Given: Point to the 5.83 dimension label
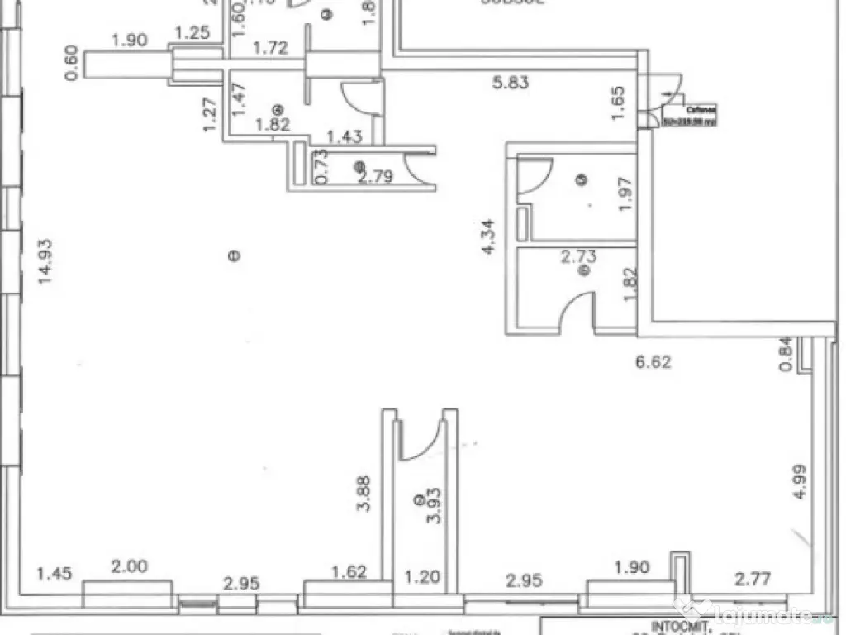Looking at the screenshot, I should (510, 82).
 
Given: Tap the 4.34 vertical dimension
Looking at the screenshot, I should (489, 236).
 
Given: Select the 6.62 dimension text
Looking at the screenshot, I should (653, 360).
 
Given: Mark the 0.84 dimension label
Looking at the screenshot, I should (787, 354).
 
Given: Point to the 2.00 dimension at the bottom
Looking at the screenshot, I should (130, 566).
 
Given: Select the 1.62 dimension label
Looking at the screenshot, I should (349, 571).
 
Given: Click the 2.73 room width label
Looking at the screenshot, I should (579, 257).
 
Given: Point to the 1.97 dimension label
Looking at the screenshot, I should (625, 195).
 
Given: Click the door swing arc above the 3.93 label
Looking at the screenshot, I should (423, 442).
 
